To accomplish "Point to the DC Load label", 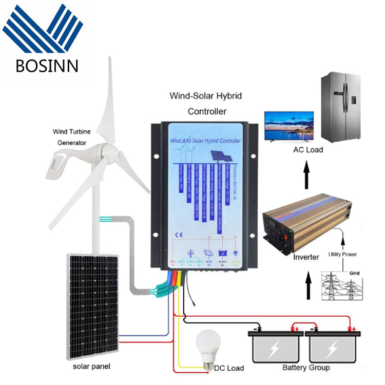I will point(228,368).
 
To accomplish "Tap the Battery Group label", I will point(306,368).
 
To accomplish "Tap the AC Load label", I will point(307,150).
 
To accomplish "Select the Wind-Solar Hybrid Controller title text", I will point(206,103).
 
